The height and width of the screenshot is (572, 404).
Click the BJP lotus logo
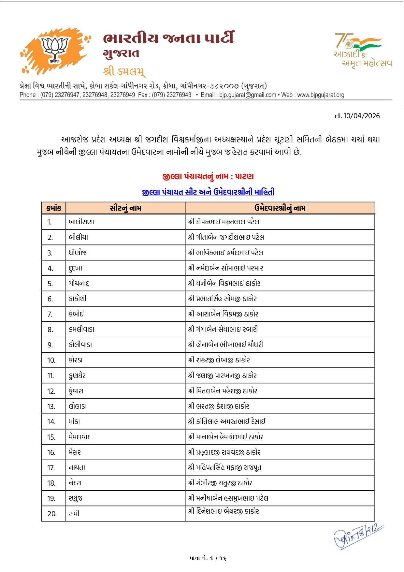55,50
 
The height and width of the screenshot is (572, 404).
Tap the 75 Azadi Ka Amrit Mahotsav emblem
362,50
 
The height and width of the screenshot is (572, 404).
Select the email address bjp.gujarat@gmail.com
248,95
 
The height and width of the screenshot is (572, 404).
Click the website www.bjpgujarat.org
321,95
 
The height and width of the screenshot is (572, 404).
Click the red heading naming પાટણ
208,176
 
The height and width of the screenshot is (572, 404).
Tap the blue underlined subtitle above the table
208,192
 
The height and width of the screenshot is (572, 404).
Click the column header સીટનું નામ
125,208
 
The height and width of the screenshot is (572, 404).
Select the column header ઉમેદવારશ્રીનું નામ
280,208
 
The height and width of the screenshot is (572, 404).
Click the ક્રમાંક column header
54,208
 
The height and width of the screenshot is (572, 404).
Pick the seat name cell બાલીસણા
82,222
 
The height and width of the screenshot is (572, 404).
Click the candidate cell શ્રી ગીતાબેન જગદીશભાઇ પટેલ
226,237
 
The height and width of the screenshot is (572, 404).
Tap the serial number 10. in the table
51,360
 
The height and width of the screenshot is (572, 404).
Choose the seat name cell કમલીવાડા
81,329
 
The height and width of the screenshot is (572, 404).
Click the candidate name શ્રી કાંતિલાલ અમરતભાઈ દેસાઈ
227,421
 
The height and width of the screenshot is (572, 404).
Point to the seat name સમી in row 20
74,514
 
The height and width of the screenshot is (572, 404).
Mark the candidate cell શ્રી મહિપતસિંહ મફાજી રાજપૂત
225,468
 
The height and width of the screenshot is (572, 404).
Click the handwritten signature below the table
357,536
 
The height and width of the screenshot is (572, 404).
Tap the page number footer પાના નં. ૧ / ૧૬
208,558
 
